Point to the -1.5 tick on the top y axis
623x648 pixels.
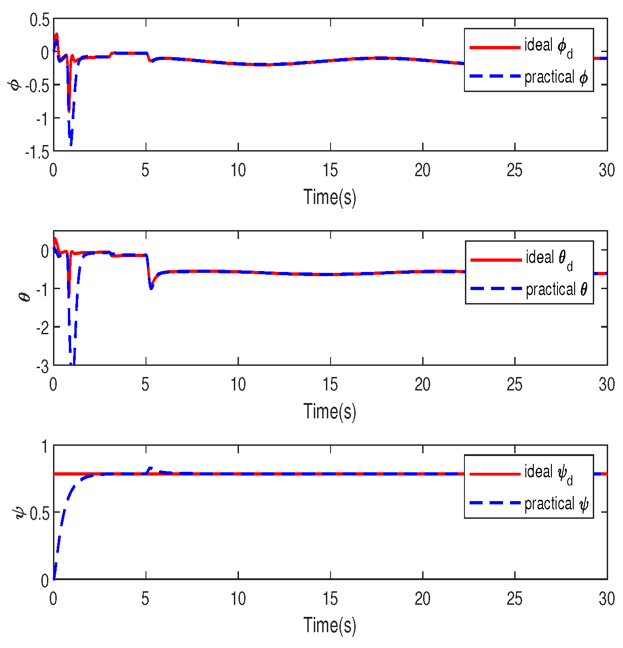pos(37,152)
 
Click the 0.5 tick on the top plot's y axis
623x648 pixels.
pos(39,20)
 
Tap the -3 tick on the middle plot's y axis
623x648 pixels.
pos(42,367)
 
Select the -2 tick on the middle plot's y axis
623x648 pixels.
pos(42,328)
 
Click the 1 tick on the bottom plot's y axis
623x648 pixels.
pos(45,447)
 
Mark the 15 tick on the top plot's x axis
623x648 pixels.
pos(330,171)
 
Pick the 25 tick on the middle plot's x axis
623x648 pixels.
pos(515,385)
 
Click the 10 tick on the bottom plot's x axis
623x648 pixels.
pos(238,599)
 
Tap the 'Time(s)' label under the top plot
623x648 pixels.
pos(330,197)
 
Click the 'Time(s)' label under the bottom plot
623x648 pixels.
pos(330,625)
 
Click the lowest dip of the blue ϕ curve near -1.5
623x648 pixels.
pos(71,145)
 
